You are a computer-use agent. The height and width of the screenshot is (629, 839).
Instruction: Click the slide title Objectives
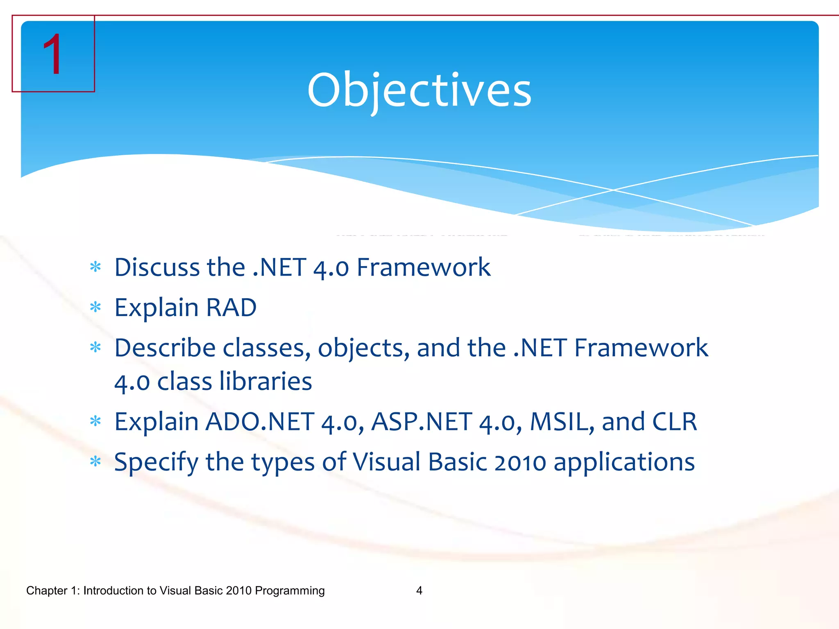419,90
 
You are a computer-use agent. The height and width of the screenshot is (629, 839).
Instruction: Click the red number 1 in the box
53,54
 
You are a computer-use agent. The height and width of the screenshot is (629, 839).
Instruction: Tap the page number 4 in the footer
419,591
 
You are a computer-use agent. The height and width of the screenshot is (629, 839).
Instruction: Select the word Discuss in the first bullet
156,267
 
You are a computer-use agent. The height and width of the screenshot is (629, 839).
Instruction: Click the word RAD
231,308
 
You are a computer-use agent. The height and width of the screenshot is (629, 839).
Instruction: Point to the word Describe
165,348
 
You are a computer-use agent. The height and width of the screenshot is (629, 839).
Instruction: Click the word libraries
265,382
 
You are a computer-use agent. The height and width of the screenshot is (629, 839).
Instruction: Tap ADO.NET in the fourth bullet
260,422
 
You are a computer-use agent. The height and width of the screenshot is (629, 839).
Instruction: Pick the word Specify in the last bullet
156,463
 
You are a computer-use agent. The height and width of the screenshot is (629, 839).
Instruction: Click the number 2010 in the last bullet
520,463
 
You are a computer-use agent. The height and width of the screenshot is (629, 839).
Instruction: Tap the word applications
624,463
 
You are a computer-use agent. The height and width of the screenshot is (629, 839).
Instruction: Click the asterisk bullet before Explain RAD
95,308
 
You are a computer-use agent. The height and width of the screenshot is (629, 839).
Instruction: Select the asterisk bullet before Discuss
95,267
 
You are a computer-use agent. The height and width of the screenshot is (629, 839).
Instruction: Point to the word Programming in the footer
290,591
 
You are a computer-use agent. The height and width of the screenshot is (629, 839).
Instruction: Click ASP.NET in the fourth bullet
422,422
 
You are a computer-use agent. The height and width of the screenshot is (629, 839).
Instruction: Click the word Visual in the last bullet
386,463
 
